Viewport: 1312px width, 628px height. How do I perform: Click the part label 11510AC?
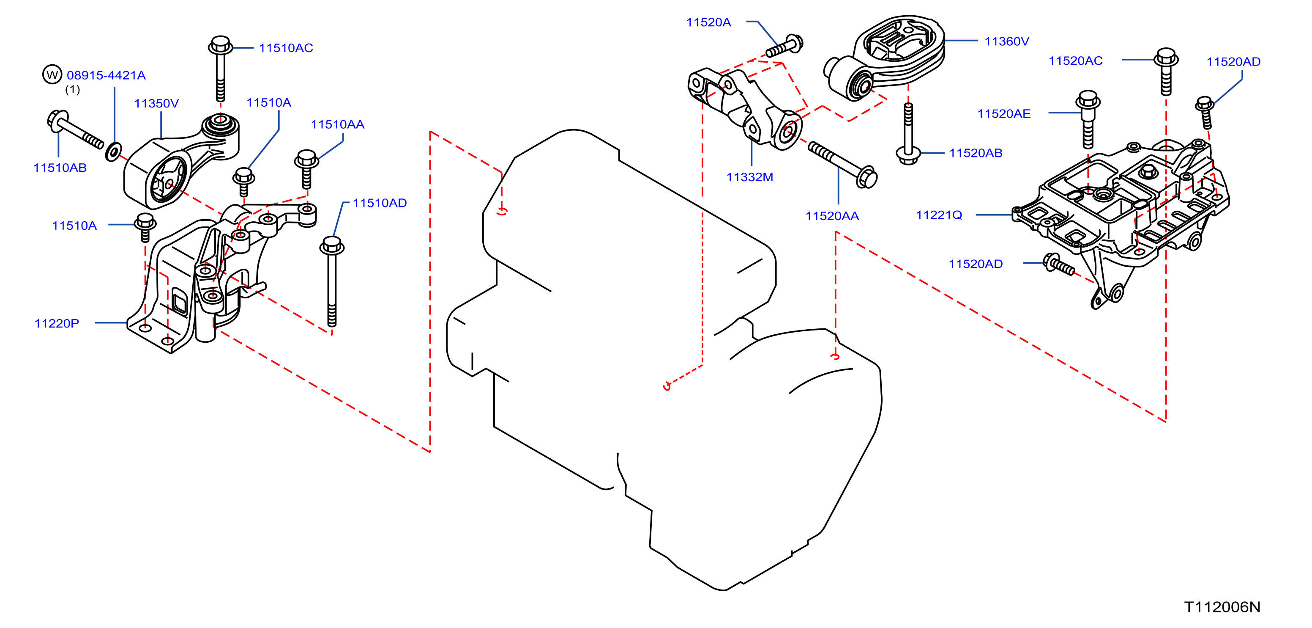(286, 48)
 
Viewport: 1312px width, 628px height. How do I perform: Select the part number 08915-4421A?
(106, 75)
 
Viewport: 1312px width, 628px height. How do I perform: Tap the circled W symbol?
(52, 75)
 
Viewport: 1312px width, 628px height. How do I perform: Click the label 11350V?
(156, 104)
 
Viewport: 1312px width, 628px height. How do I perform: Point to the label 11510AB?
(60, 168)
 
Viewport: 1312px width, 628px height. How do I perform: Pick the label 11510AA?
(338, 124)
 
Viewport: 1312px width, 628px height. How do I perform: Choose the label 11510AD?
(380, 203)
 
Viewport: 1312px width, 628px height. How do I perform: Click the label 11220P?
(57, 323)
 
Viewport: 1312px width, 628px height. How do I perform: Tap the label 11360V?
(1006, 41)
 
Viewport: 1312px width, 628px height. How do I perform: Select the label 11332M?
(750, 177)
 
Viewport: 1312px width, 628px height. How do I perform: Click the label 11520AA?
(832, 216)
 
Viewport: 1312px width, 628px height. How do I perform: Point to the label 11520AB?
(976, 153)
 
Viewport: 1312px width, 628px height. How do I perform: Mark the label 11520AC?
(1075, 61)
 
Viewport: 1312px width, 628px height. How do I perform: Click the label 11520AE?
(1003, 114)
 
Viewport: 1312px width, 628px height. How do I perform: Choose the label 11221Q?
(939, 215)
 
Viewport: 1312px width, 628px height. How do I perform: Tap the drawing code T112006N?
(1222, 607)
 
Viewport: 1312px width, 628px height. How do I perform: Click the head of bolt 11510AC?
(221, 45)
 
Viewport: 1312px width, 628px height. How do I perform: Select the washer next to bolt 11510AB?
(113, 152)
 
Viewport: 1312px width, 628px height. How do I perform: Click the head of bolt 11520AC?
(1166, 58)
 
